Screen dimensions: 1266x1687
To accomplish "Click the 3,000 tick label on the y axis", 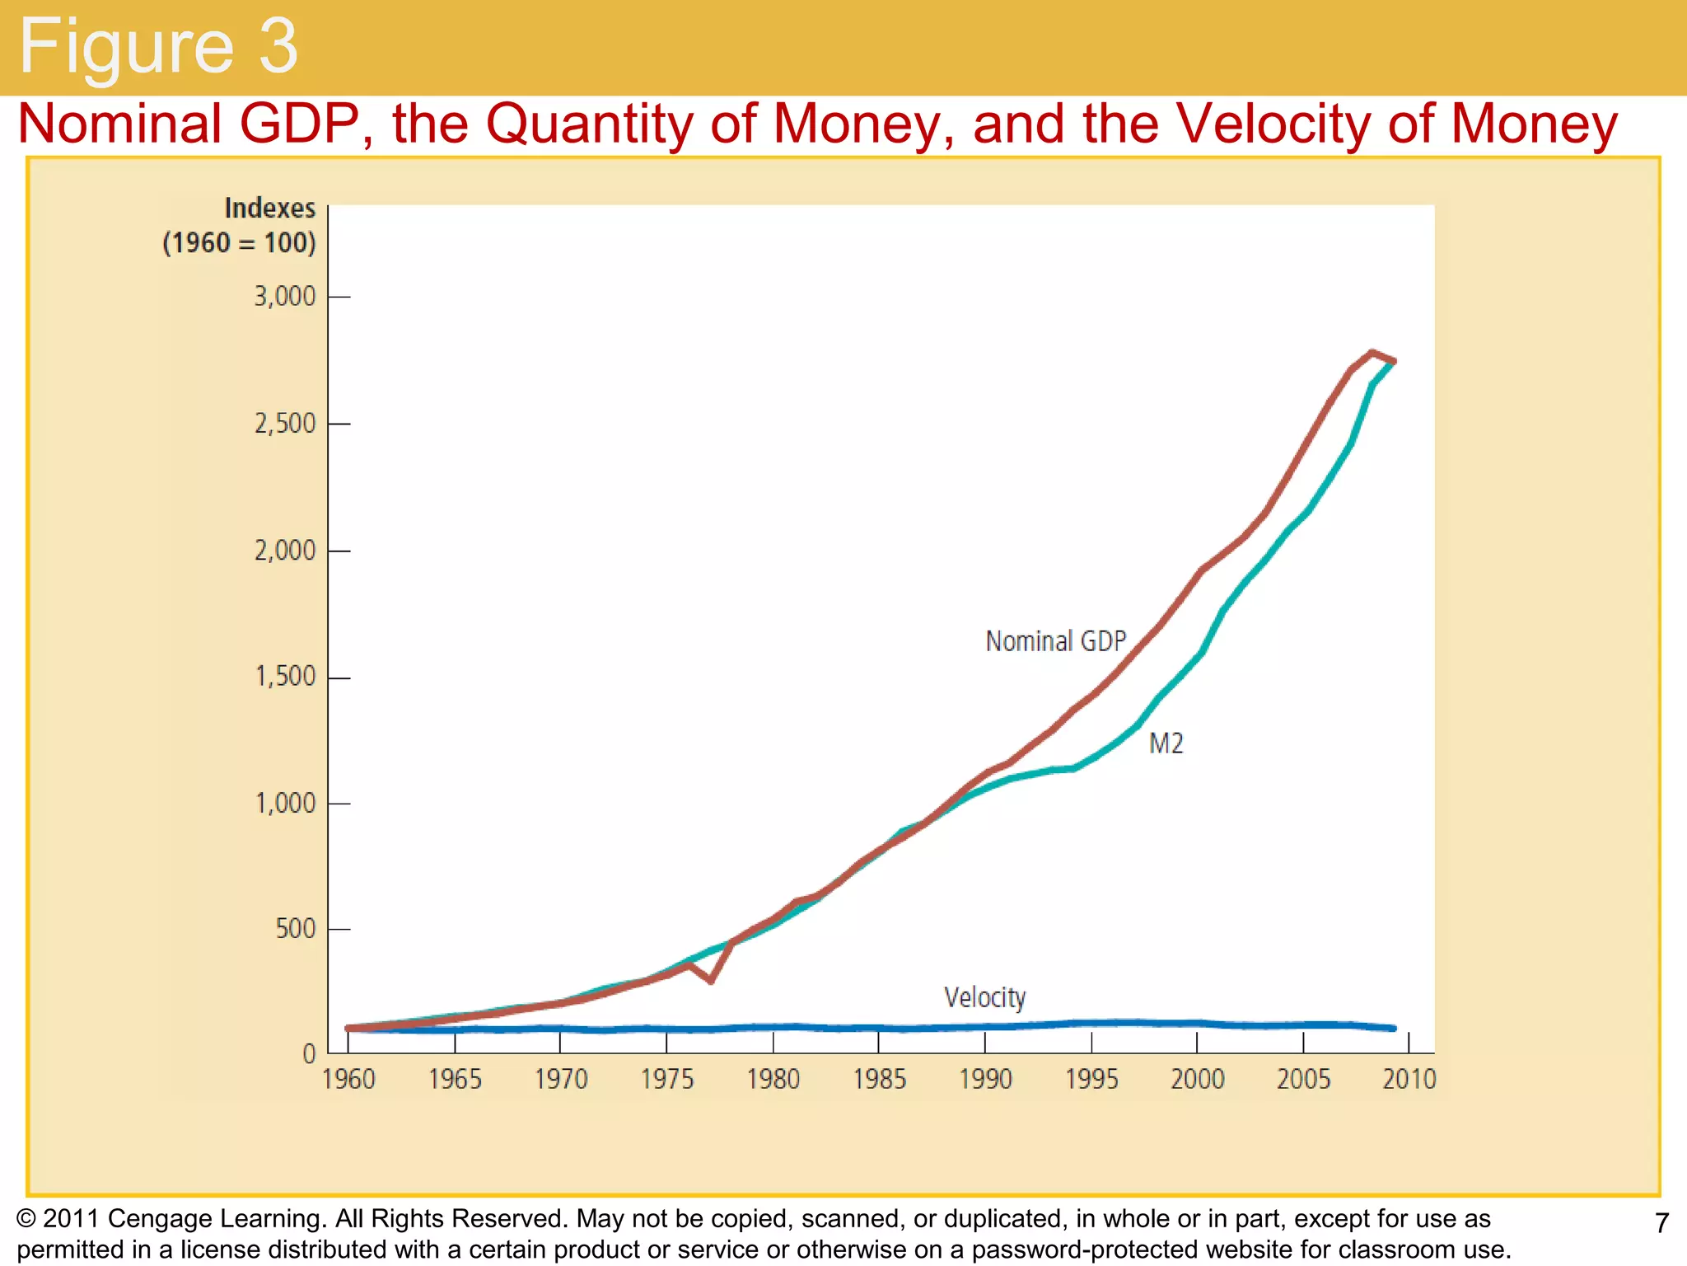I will click(x=284, y=297).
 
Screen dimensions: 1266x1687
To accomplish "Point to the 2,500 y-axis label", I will click(x=284, y=424).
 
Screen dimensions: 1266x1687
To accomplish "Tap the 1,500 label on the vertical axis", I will click(x=285, y=677).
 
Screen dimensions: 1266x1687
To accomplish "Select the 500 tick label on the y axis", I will click(x=295, y=929).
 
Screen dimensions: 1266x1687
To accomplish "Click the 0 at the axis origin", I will click(x=310, y=1053).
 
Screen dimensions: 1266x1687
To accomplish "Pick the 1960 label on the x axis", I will click(x=348, y=1079).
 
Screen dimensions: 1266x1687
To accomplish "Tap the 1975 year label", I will click(x=667, y=1079).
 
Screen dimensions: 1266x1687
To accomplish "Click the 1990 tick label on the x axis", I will click(x=985, y=1079).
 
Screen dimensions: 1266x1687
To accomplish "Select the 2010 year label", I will click(x=1409, y=1079).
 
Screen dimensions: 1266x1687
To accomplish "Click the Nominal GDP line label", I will click(x=1055, y=641).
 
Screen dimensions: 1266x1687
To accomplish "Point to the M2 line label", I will click(x=1166, y=743).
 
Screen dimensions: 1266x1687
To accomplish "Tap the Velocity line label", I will click(x=984, y=997).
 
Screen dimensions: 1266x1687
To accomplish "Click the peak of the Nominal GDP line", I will click(x=1372, y=354).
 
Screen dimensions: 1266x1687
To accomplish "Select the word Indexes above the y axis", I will click(x=269, y=209).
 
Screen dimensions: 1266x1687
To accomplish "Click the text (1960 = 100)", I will click(x=239, y=243).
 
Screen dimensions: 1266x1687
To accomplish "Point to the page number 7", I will click(x=1661, y=1223).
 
